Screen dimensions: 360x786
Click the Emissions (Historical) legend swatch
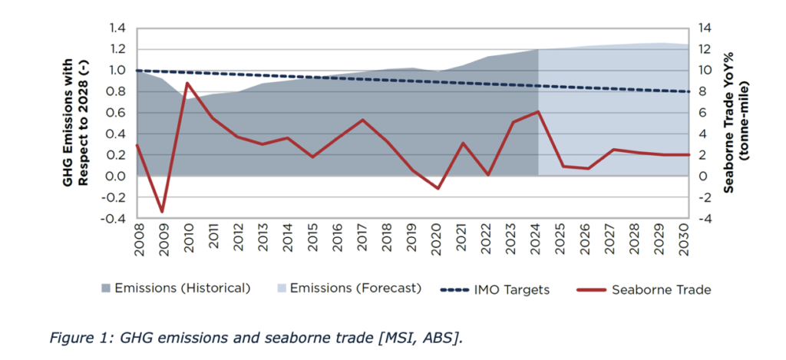point(106,289)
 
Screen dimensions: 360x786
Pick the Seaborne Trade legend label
point(661,289)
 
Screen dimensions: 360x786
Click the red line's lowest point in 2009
point(162,211)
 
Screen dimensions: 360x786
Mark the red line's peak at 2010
point(187,83)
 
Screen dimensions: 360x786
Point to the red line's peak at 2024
point(539,111)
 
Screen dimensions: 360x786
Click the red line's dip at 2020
point(438,188)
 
